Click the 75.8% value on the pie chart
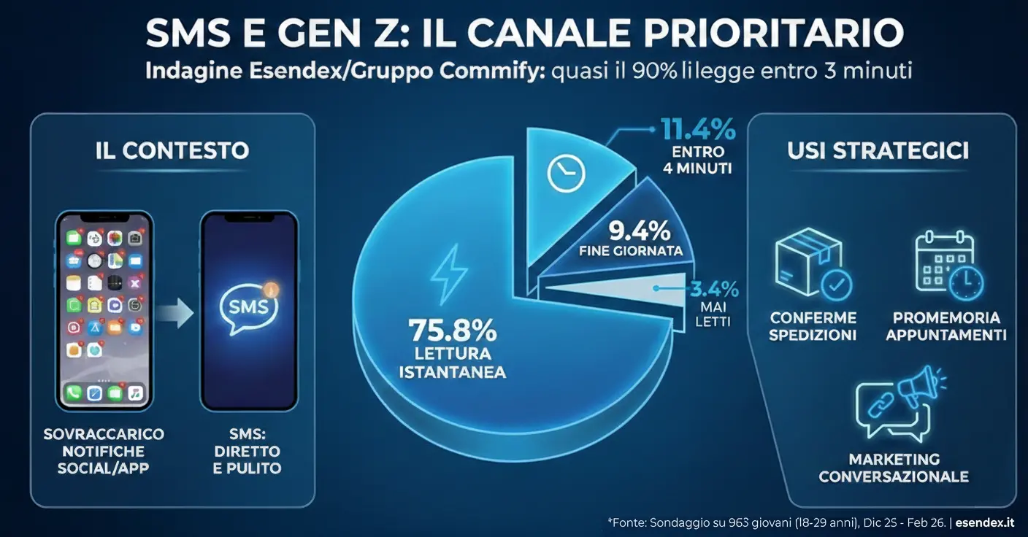pyautogui.click(x=452, y=330)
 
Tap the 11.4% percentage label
pyautogui.click(x=697, y=131)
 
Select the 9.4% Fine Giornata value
pyautogui.click(x=640, y=231)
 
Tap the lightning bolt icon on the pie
pyautogui.click(x=445, y=276)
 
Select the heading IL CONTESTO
pyautogui.click(x=172, y=151)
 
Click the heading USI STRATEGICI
pyautogui.click(x=878, y=151)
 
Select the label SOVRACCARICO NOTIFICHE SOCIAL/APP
pyautogui.click(x=104, y=451)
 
